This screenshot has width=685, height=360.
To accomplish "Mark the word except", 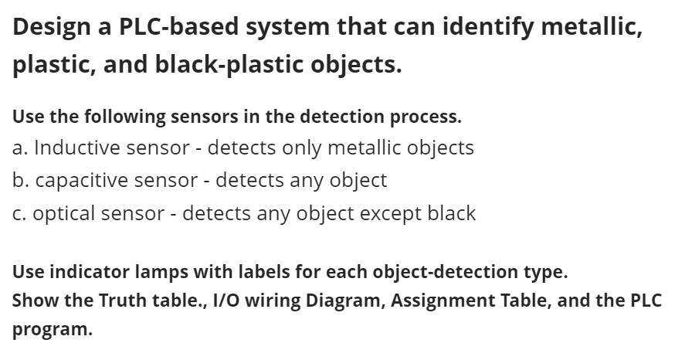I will (392, 213).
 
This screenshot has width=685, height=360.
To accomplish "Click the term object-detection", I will (425, 272).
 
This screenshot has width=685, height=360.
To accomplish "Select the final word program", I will (51, 329).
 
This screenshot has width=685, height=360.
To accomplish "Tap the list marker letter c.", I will (17, 213).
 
